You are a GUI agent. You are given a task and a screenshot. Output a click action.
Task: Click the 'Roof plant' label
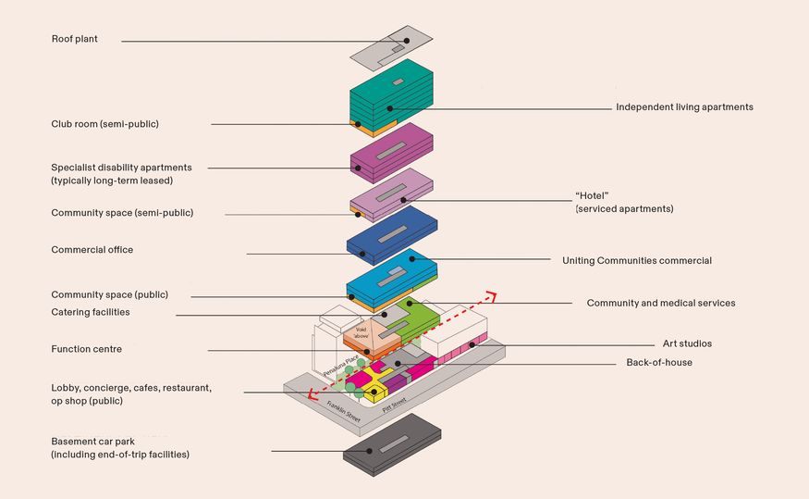tap(74, 40)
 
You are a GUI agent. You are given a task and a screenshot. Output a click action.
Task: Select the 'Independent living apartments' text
tap(684, 107)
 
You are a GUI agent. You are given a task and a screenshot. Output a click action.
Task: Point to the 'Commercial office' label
tap(92, 250)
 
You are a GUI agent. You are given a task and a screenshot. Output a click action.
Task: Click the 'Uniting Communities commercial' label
tap(637, 261)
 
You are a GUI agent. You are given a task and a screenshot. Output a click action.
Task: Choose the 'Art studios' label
tap(687, 343)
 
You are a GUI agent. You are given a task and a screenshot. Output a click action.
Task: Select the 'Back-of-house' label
tap(659, 363)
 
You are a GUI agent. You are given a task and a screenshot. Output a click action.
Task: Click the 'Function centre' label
tap(86, 349)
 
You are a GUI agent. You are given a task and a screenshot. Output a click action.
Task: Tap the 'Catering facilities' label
tap(91, 313)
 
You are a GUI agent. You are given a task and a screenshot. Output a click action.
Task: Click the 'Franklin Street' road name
tap(346, 406)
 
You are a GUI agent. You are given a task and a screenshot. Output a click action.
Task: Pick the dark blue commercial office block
tap(391, 235)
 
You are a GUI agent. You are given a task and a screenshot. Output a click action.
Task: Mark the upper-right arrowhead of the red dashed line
tap(492, 296)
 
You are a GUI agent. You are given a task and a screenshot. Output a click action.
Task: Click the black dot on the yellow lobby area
tap(374, 392)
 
